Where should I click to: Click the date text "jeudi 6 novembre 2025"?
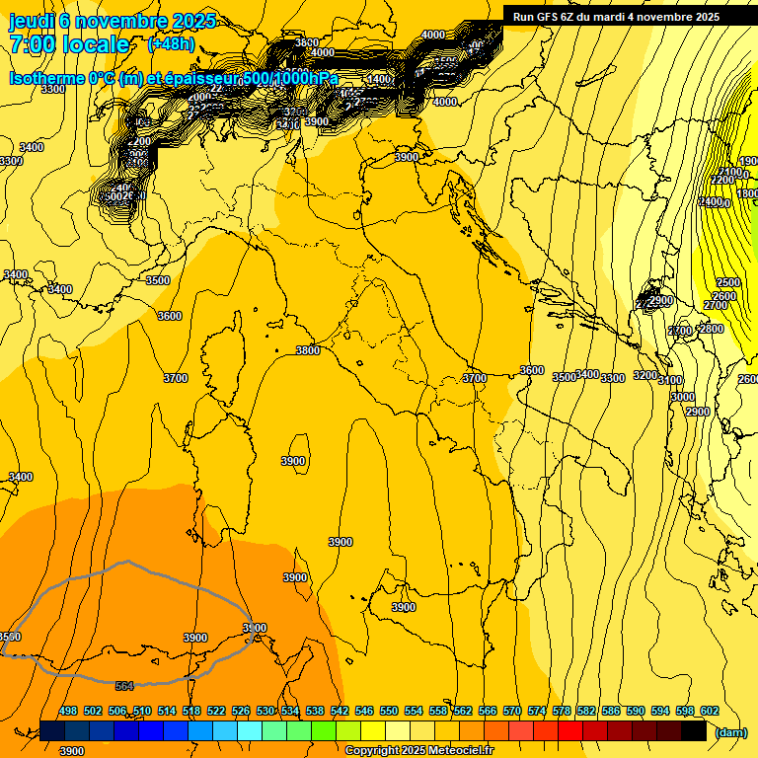coord(103,21)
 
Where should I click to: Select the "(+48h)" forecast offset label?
coord(171,44)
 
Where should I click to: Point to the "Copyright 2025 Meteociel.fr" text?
coord(418,751)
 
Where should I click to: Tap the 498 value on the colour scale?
coord(68,711)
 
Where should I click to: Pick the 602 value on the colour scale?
coord(710,711)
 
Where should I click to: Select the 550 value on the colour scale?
coord(389,711)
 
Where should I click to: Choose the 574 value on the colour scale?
coord(537,711)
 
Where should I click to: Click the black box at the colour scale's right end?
coord(694,731)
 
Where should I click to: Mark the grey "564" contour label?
coord(124,685)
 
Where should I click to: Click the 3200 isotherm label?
coord(645,376)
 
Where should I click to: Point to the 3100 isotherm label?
coord(670,380)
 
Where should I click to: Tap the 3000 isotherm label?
coord(683,397)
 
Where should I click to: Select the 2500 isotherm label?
coord(727,283)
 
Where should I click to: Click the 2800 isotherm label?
coord(711,329)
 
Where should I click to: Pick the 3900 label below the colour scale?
coord(72,751)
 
